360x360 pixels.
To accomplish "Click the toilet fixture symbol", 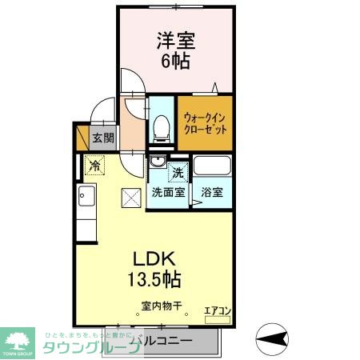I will [x=161, y=125].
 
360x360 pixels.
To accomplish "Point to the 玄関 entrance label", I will [x=102, y=138].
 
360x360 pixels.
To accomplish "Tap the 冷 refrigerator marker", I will [x=95, y=166].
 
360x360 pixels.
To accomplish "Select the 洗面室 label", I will [x=168, y=192].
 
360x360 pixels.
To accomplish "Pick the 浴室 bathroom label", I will [x=212, y=192].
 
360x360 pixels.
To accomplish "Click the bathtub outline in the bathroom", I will [x=212, y=169].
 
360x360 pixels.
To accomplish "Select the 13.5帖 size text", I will [x=152, y=280].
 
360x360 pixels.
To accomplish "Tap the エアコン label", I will [x=217, y=310].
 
